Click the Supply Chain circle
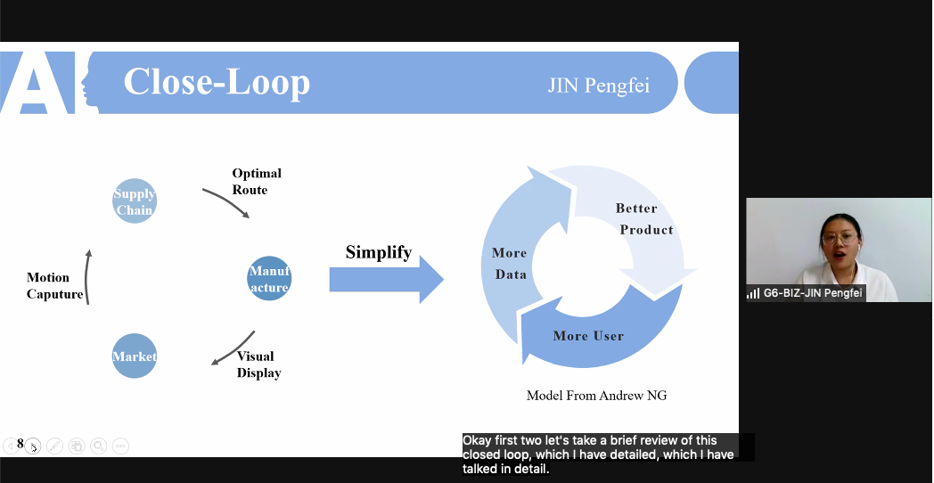coord(135,201)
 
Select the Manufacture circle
coord(269,279)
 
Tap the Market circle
coord(135,356)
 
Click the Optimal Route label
coord(257,181)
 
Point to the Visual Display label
coord(258,364)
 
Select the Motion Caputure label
coord(55,286)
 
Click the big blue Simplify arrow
coord(386,280)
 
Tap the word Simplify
coord(379,252)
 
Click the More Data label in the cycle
coord(510,264)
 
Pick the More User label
coord(588,336)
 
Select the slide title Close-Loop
coord(217,82)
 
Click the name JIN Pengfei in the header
coord(598,86)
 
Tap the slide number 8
coord(20,443)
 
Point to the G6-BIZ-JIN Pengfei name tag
coord(807,292)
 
